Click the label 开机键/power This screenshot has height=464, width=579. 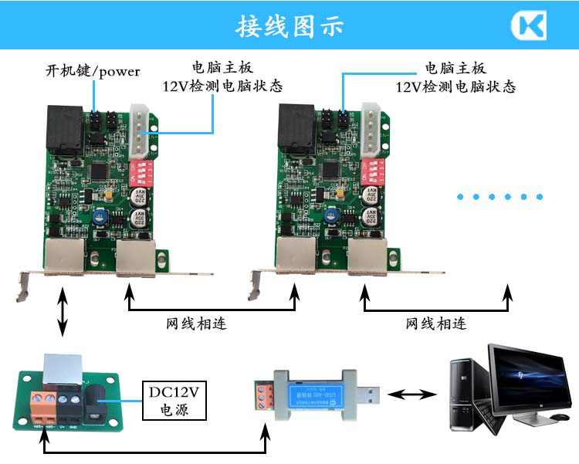point(92,72)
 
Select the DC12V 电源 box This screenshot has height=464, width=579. point(174,399)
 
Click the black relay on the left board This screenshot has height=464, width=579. point(65,126)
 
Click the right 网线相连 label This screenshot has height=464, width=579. point(436,322)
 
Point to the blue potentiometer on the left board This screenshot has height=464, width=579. point(100,219)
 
